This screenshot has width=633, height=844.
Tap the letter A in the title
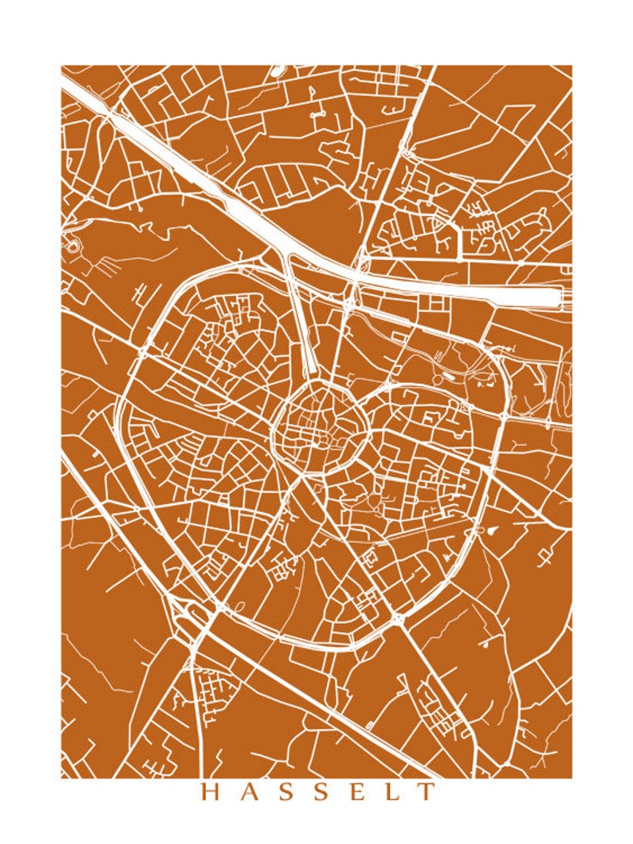[248, 791]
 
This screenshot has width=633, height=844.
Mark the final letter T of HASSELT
[428, 791]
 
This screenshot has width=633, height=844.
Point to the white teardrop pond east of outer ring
[493, 528]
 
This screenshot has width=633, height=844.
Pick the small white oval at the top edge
[277, 71]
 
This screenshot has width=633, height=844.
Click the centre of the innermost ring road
[318, 433]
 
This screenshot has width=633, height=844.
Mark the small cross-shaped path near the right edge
[545, 557]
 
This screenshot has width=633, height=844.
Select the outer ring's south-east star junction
[396, 617]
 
